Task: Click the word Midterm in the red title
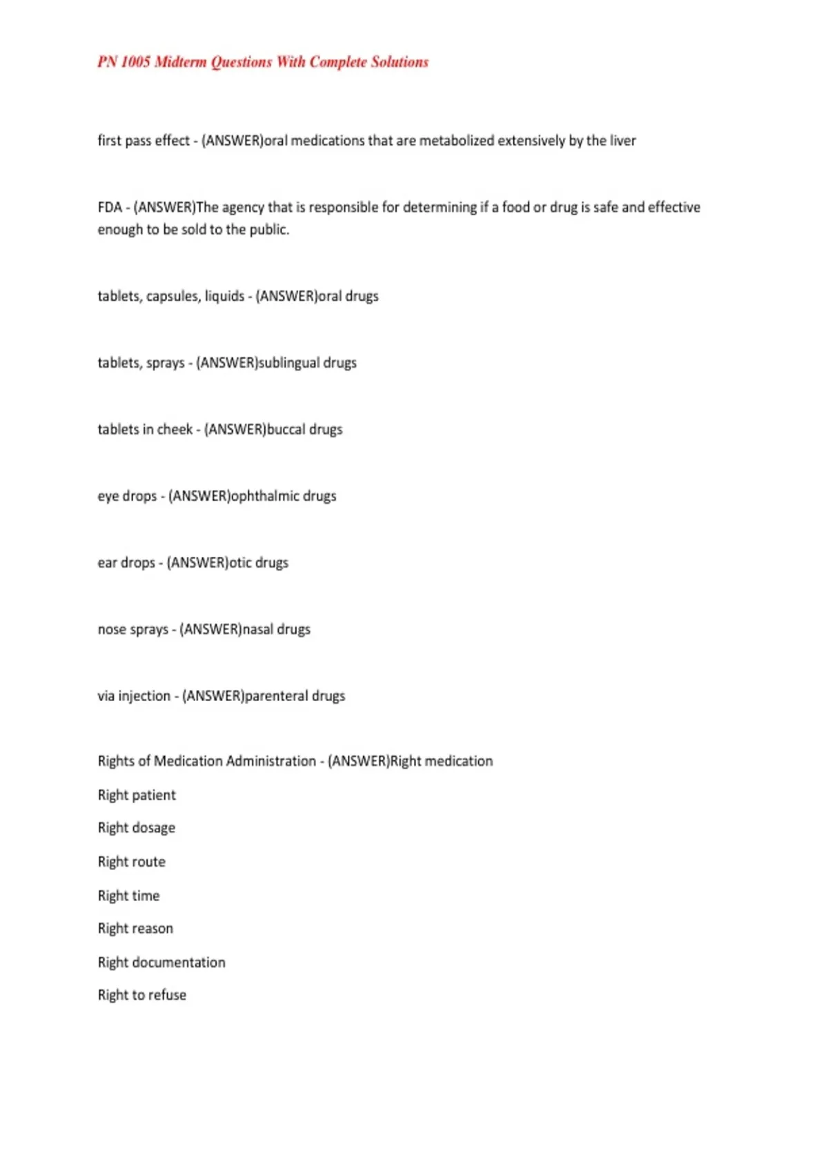(x=180, y=62)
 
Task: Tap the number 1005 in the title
(x=135, y=62)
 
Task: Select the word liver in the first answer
(x=623, y=141)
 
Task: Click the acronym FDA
(x=110, y=208)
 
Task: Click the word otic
(x=240, y=563)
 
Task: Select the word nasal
(x=257, y=629)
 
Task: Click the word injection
(x=144, y=696)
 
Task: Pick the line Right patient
(x=137, y=796)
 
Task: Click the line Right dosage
(x=137, y=828)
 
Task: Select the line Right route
(x=132, y=862)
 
